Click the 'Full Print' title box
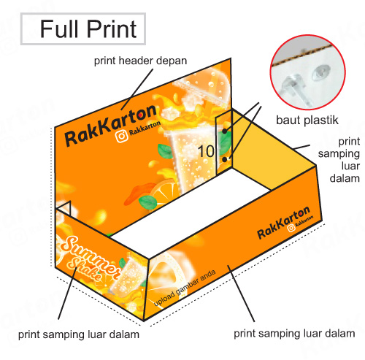pyautogui.click(x=83, y=29)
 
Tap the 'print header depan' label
pyautogui.click(x=140, y=61)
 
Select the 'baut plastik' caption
pyautogui.click(x=307, y=120)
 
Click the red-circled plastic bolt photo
pyautogui.click(x=307, y=72)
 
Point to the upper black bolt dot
pyautogui.click(x=224, y=131)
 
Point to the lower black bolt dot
pyautogui.click(x=225, y=159)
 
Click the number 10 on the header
pyautogui.click(x=206, y=151)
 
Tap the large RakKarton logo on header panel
pyautogui.click(x=111, y=126)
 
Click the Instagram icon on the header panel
pyautogui.click(x=121, y=136)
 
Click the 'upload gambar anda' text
pyautogui.click(x=185, y=288)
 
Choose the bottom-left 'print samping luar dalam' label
pyautogui.click(x=79, y=334)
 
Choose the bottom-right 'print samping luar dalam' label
pyautogui.click(x=294, y=334)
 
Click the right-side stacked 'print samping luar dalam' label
pyautogui.click(x=345, y=160)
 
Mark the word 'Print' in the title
pyautogui.click(x=112, y=29)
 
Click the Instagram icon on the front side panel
pyautogui.click(x=291, y=229)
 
